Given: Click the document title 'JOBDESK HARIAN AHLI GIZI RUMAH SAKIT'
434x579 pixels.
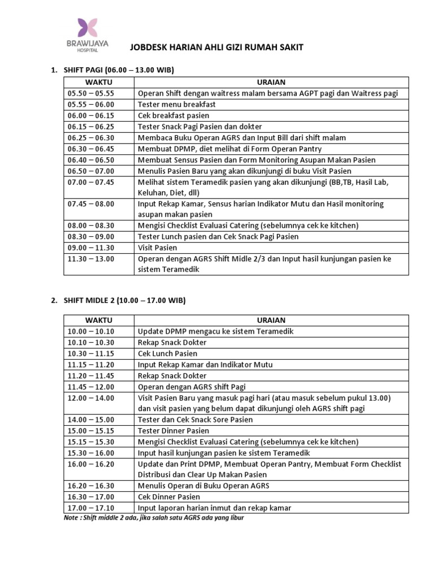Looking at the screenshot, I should pyautogui.click(x=217, y=47).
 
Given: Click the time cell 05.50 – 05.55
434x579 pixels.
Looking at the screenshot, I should pyautogui.click(x=90, y=93).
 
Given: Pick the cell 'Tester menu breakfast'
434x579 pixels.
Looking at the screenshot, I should pyautogui.click(x=177, y=105).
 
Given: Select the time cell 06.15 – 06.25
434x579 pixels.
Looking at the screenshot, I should pyautogui.click(x=90, y=127).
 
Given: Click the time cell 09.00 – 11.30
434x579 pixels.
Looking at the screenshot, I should pyautogui.click(x=90, y=248).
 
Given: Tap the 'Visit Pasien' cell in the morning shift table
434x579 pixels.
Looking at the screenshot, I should pyautogui.click(x=158, y=248).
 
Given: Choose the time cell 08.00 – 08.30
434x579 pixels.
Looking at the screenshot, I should pyautogui.click(x=90, y=226).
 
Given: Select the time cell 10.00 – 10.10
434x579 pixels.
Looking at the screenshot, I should pyautogui.click(x=90, y=331).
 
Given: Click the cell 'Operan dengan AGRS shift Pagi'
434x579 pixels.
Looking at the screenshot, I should pyautogui.click(x=192, y=387).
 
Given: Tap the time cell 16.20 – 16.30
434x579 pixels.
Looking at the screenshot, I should pyautogui.click(x=90, y=486).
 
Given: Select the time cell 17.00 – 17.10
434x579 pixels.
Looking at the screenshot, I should pyautogui.click(x=90, y=508).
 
